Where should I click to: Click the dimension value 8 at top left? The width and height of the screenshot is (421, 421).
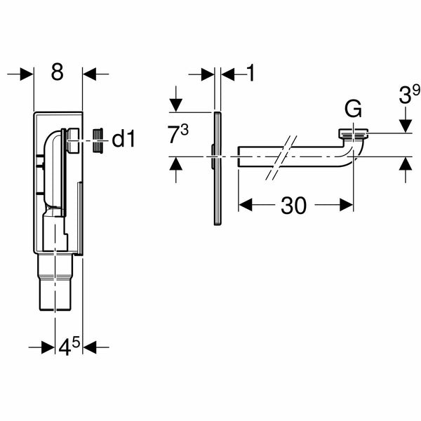58,73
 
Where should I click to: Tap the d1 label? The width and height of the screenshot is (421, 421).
123,139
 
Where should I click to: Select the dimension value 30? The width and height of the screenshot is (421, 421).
295,205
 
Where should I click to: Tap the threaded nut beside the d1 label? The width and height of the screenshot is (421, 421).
100,139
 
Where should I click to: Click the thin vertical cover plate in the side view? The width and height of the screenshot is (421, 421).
218,168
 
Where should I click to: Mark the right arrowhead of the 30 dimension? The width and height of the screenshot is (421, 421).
347,205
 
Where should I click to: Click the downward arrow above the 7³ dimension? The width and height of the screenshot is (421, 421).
175,104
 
